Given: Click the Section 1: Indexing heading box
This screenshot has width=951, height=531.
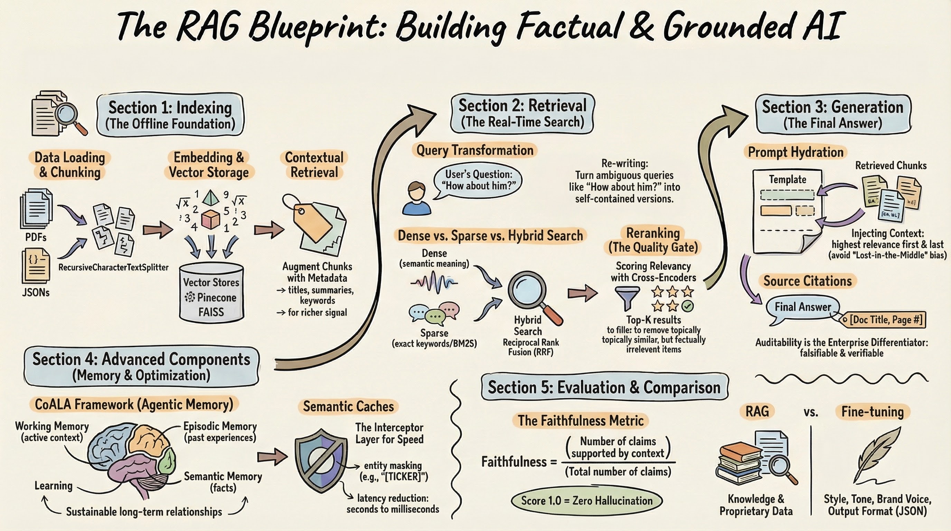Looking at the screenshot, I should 170,115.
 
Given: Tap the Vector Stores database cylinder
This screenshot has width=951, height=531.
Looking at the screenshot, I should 211,292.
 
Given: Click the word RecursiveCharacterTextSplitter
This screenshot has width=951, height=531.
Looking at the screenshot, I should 113,267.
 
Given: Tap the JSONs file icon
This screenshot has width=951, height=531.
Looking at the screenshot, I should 36,265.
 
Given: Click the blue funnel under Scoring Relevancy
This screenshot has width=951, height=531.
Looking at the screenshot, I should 627,298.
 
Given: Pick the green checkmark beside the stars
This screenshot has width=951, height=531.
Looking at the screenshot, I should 687,306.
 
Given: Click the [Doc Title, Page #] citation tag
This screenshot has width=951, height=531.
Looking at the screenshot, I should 885,320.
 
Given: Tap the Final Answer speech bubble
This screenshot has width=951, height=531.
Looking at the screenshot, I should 802,307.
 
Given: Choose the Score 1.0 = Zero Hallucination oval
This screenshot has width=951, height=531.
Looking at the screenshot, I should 587,501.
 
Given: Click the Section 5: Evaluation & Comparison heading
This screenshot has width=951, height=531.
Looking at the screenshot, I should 604,387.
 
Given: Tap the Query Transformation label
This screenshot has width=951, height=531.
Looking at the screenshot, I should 475,150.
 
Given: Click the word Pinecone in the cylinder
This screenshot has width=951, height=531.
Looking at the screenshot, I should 216,298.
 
